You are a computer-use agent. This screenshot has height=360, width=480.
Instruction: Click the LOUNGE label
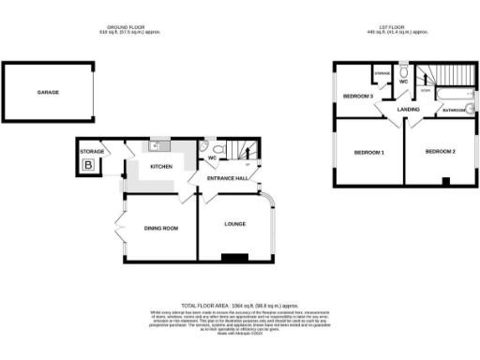pos(235,224)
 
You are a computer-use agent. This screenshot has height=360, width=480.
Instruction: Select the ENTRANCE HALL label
pos(228,177)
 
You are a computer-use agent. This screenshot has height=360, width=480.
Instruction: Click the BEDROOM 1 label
pos(369,153)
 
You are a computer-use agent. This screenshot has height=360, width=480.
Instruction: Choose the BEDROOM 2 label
pos(440,151)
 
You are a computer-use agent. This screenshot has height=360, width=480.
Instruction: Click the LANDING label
pos(408,110)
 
